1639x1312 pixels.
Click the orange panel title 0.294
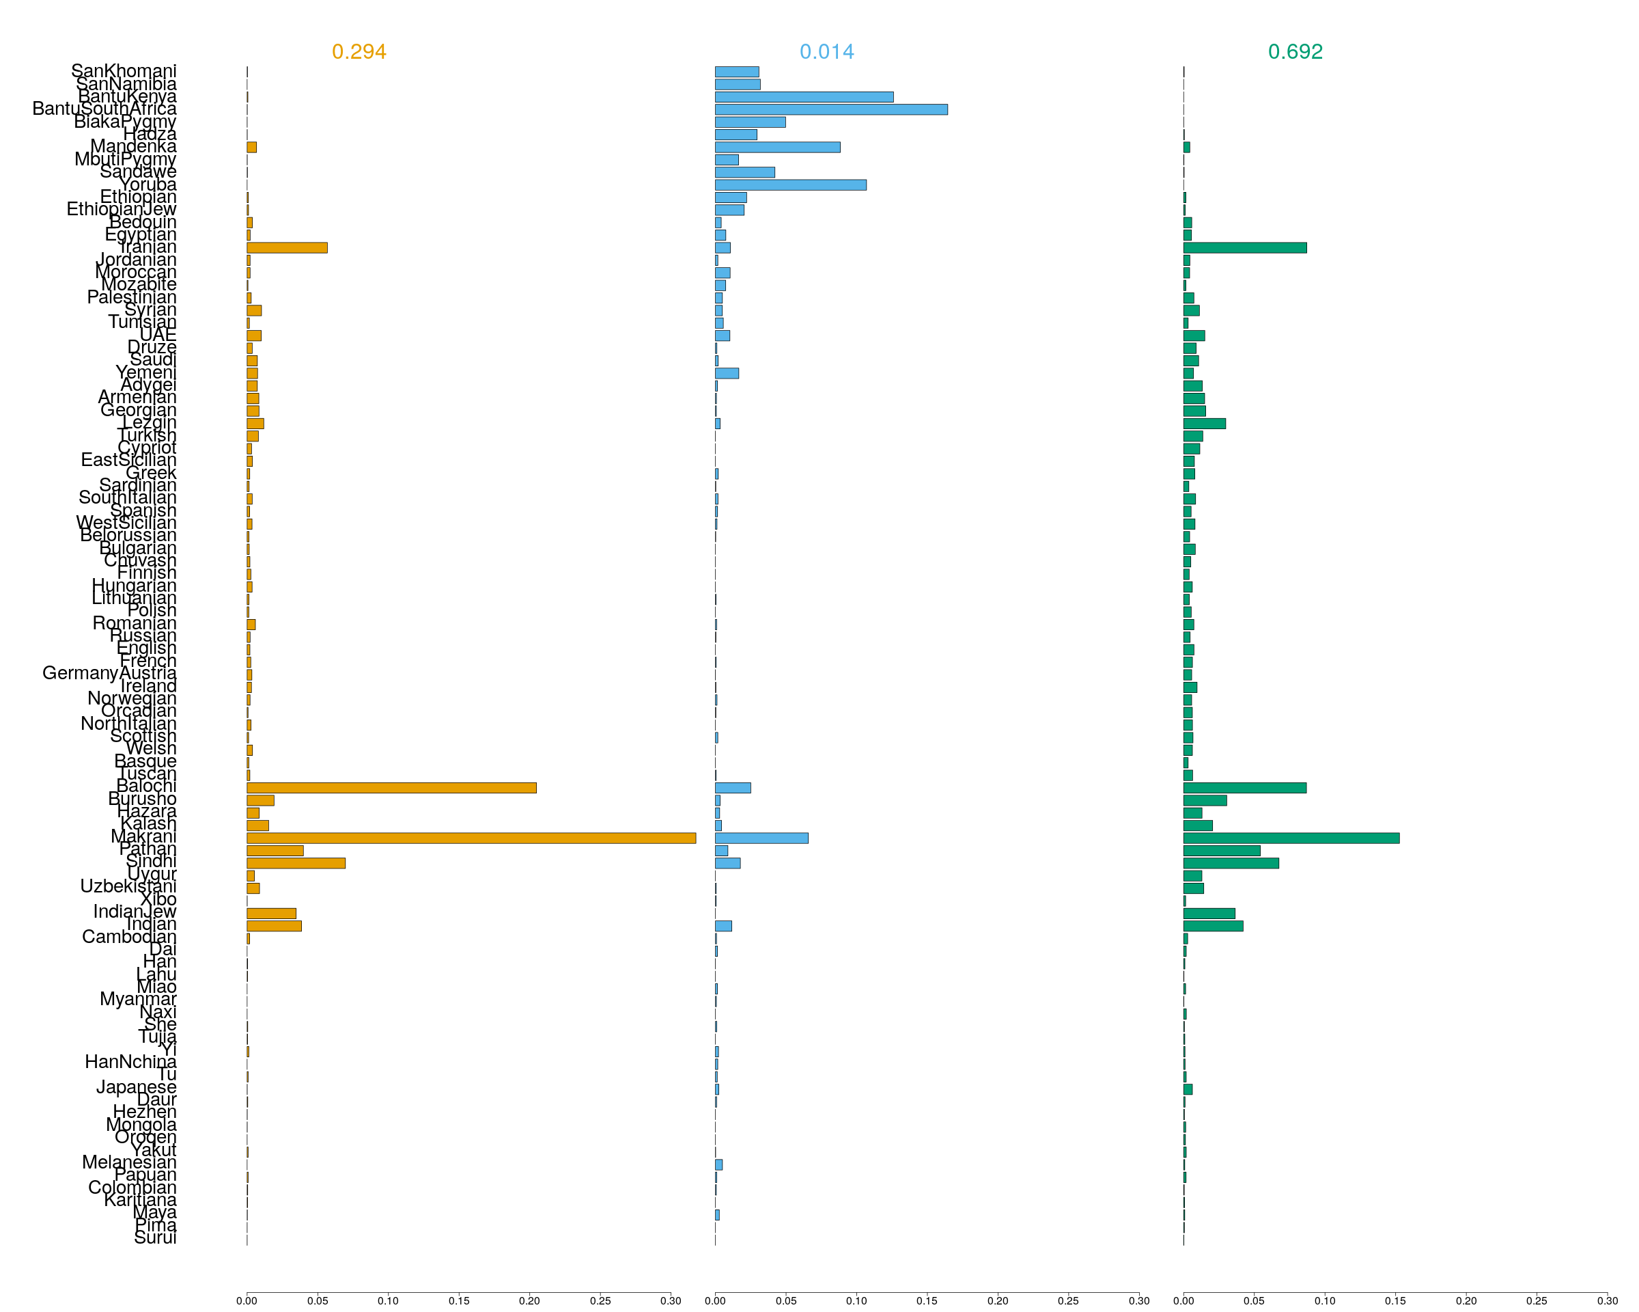coord(359,52)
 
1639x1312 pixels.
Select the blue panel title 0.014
coord(826,52)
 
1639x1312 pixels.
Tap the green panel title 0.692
coord(1295,52)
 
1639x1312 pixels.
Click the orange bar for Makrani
coord(471,838)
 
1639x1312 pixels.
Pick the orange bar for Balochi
coord(391,788)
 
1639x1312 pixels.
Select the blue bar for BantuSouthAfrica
coord(831,109)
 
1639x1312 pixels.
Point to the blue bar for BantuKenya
coord(804,96)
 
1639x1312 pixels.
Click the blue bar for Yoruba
coord(790,184)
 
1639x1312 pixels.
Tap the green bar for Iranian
coord(1244,248)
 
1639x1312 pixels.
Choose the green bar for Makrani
coord(1291,838)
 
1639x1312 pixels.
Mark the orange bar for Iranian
coord(287,248)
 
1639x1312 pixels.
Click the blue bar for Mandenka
coord(777,147)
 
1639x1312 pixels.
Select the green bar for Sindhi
coord(1231,863)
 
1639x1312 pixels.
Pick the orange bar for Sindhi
coord(296,863)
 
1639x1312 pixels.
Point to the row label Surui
coord(155,1238)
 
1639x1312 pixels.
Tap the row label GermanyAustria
coord(109,673)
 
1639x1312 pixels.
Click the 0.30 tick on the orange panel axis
coord(671,1300)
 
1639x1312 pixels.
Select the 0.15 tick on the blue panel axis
coord(927,1300)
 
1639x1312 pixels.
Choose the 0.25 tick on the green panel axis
coord(1537,1300)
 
